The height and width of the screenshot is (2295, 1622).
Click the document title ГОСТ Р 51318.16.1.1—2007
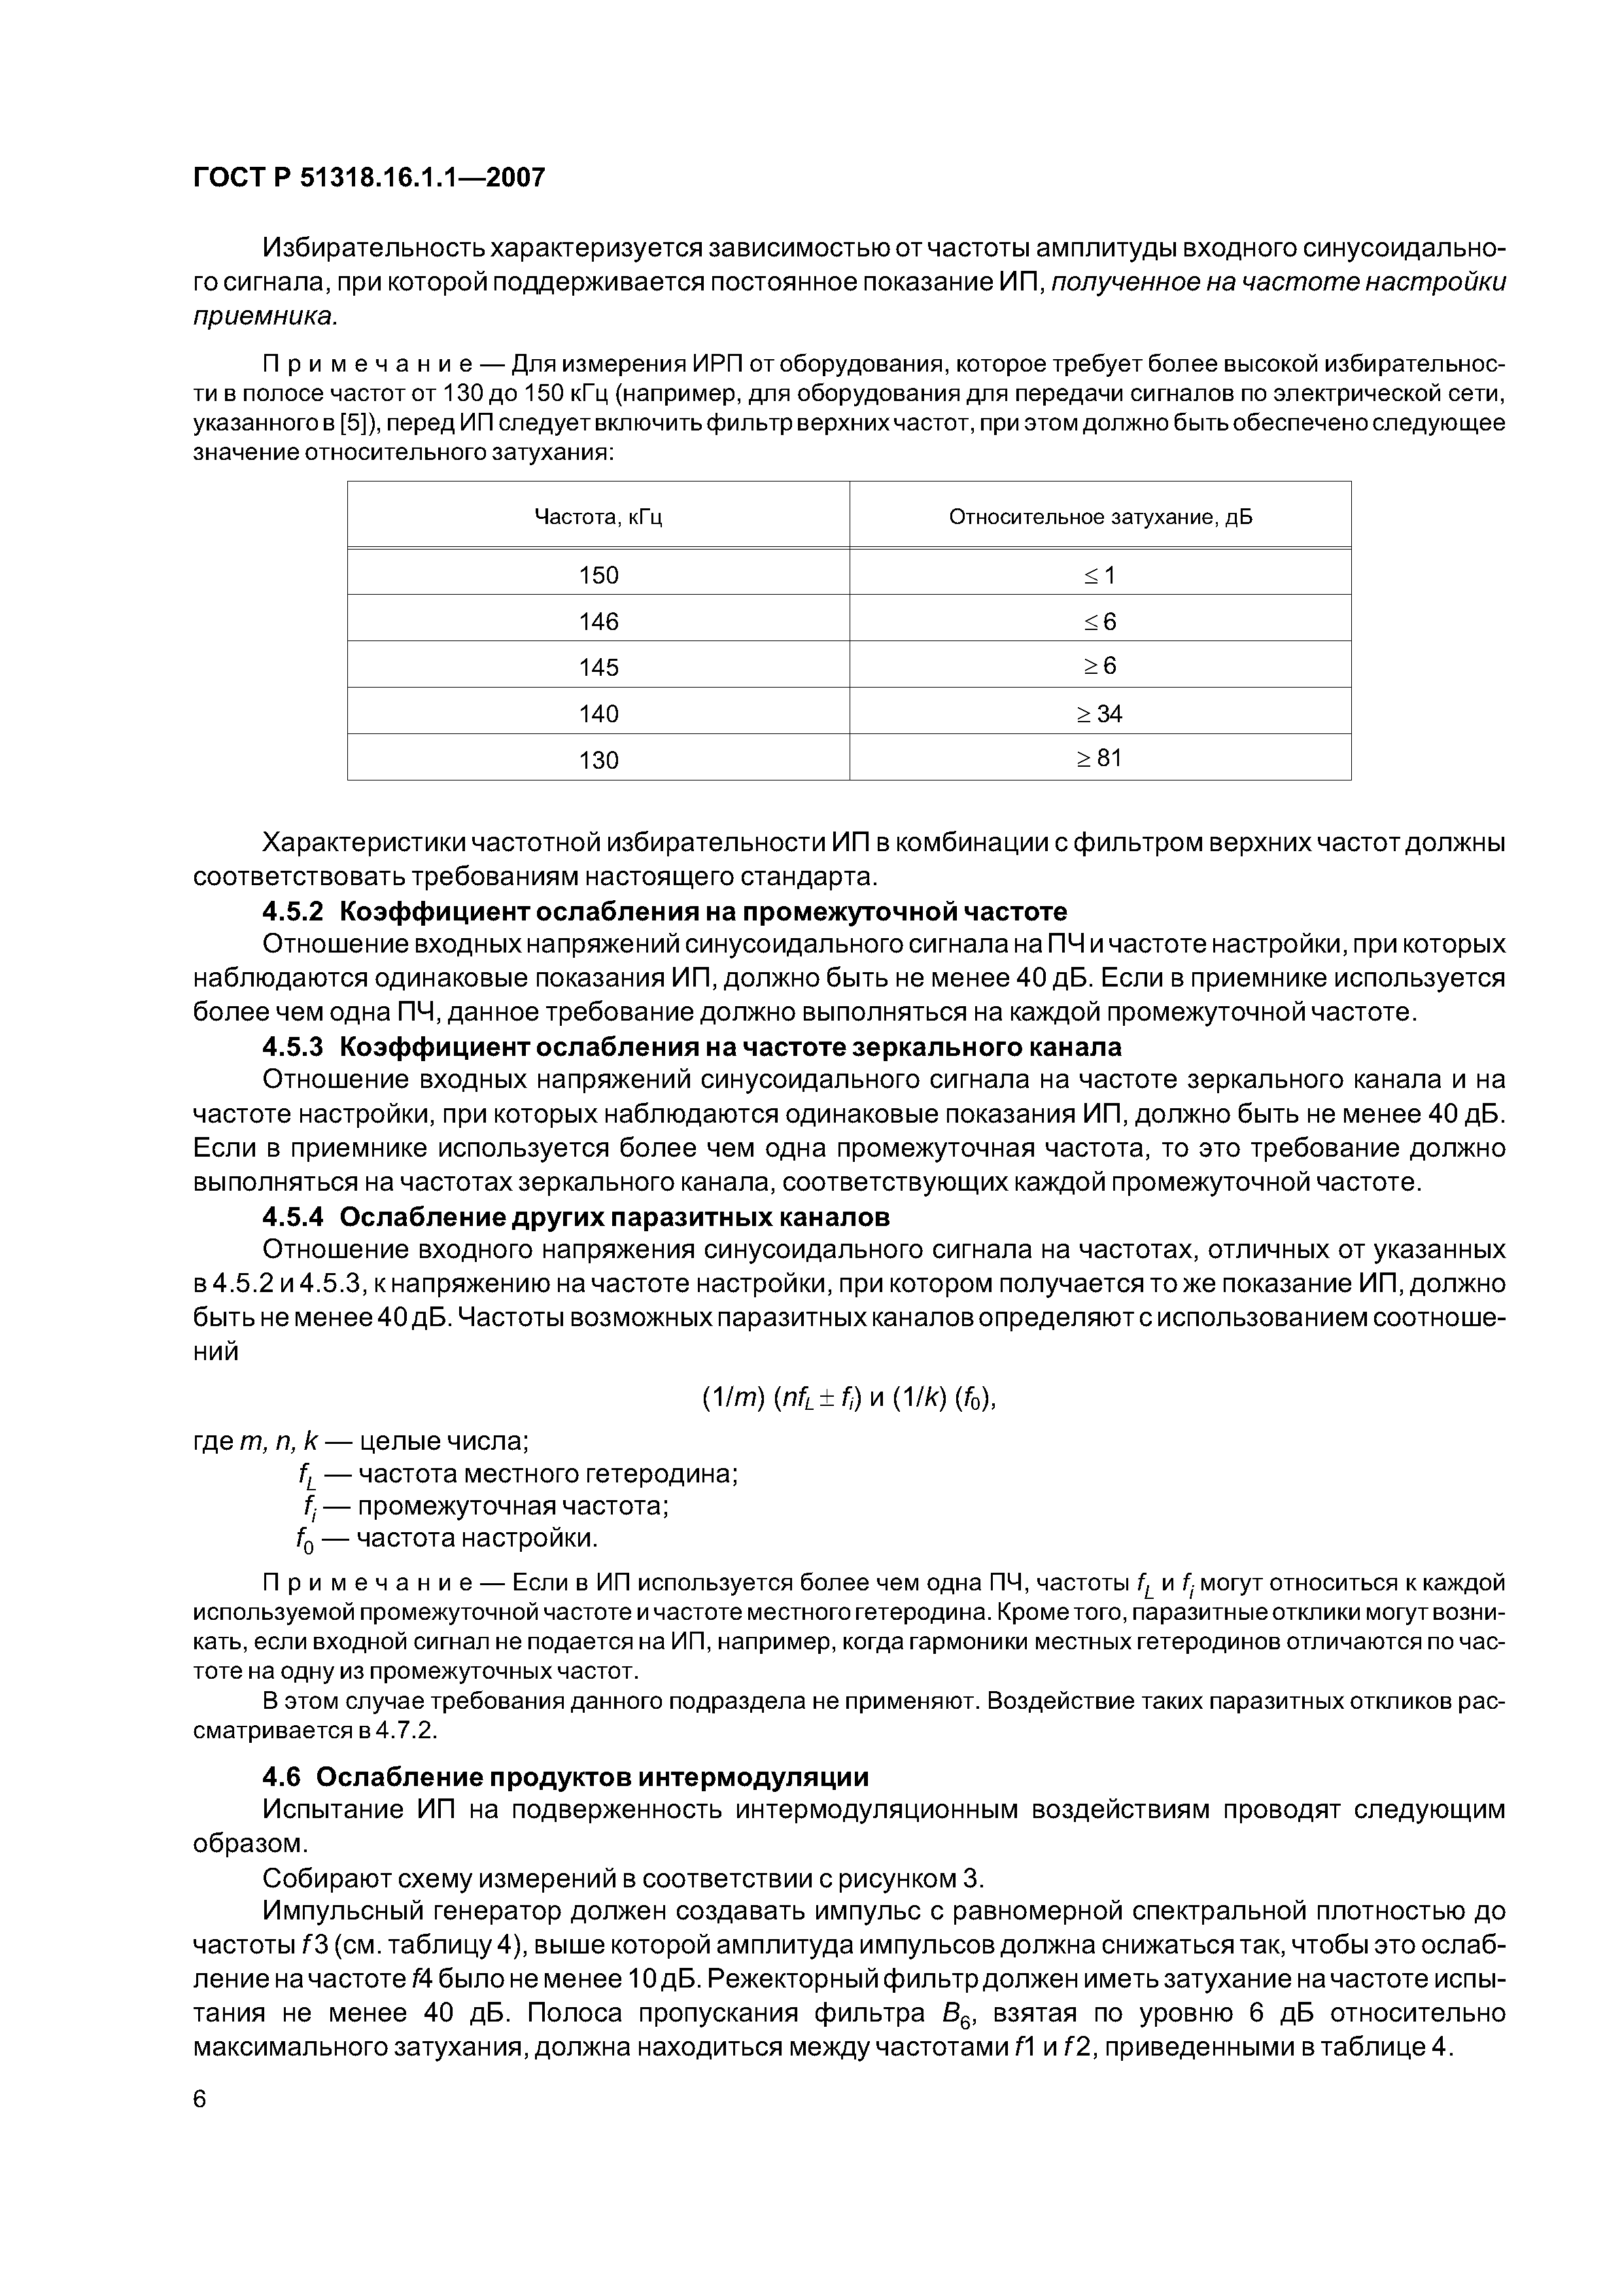pyautogui.click(x=369, y=178)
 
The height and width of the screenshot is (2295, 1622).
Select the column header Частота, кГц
pyautogui.click(x=598, y=517)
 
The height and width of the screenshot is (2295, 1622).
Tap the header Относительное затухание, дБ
pyautogui.click(x=1099, y=517)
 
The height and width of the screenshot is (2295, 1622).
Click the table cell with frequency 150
pyautogui.click(x=598, y=575)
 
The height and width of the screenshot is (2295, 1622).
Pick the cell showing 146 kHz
pyautogui.click(x=598, y=622)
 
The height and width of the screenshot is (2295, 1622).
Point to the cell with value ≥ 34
pyautogui.click(x=1099, y=714)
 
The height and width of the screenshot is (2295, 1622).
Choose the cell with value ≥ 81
pyautogui.click(x=1099, y=759)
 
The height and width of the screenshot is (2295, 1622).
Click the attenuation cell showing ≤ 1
pyautogui.click(x=1099, y=575)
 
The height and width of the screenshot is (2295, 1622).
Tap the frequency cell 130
pyautogui.click(x=598, y=760)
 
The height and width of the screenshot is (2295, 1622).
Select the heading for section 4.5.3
pyautogui.click(x=691, y=1047)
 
